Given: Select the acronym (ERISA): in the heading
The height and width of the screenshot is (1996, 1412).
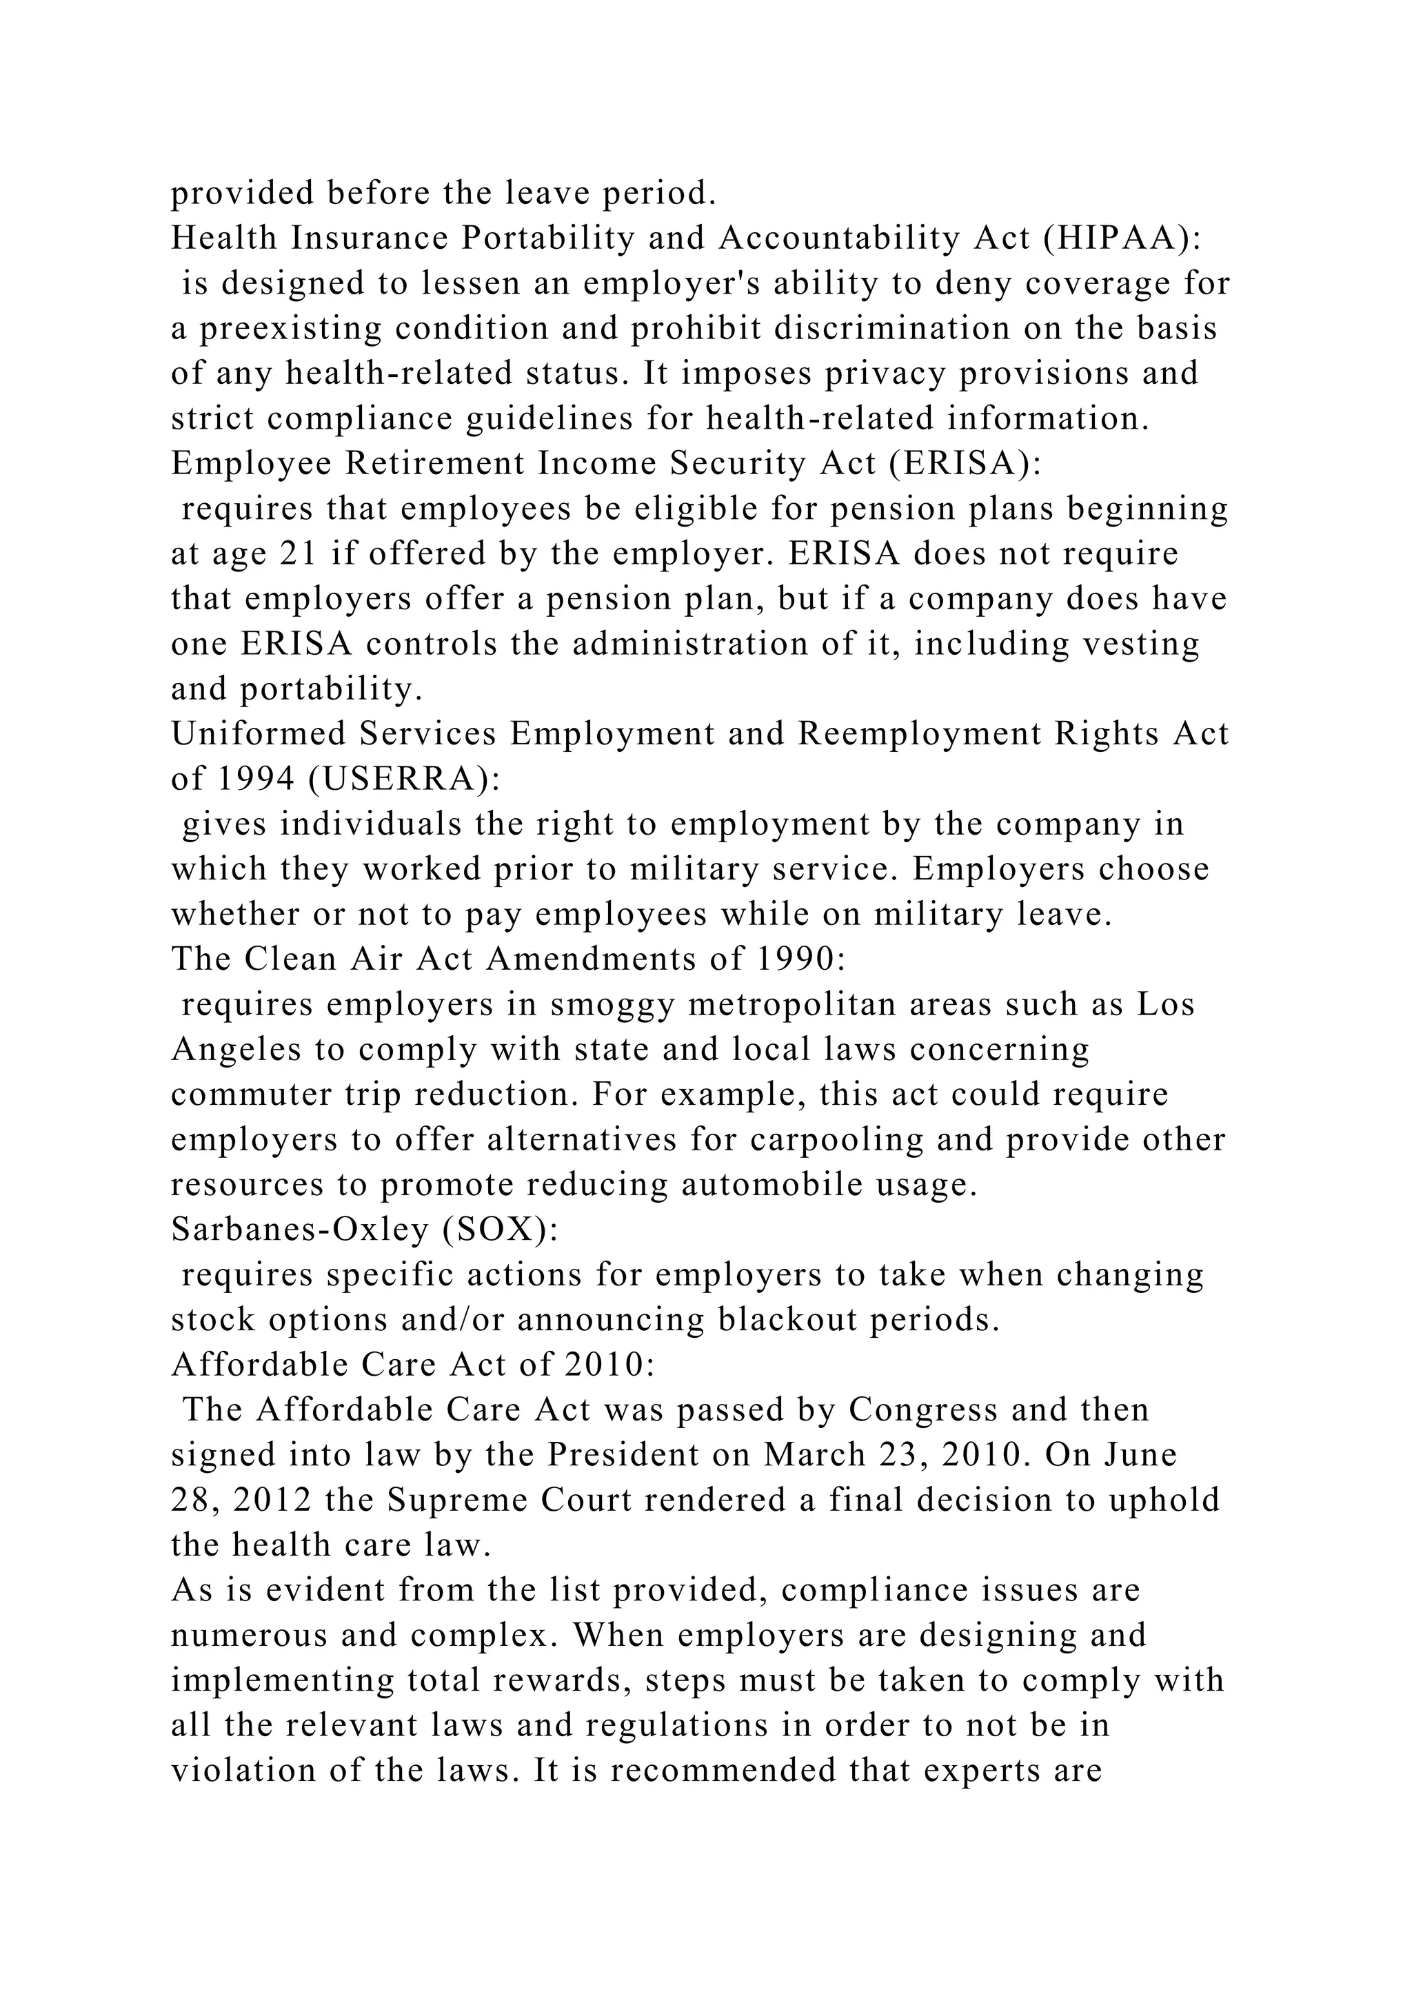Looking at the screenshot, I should (965, 463).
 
